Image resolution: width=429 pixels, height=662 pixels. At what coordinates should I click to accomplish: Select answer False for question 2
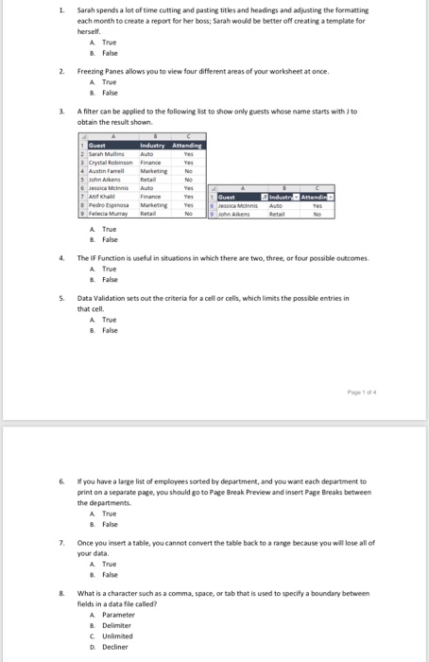coord(97,93)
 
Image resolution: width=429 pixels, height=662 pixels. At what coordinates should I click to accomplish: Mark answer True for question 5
coord(97,319)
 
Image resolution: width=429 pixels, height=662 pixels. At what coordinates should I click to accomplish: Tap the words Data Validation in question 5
coord(104,297)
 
